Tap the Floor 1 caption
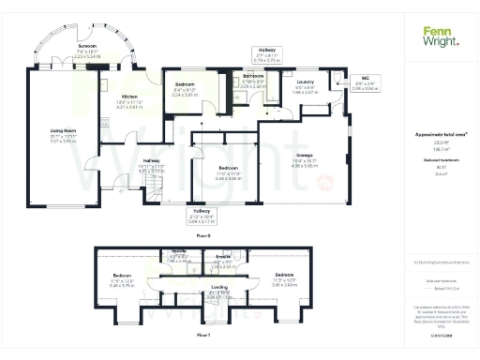click(x=202, y=334)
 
